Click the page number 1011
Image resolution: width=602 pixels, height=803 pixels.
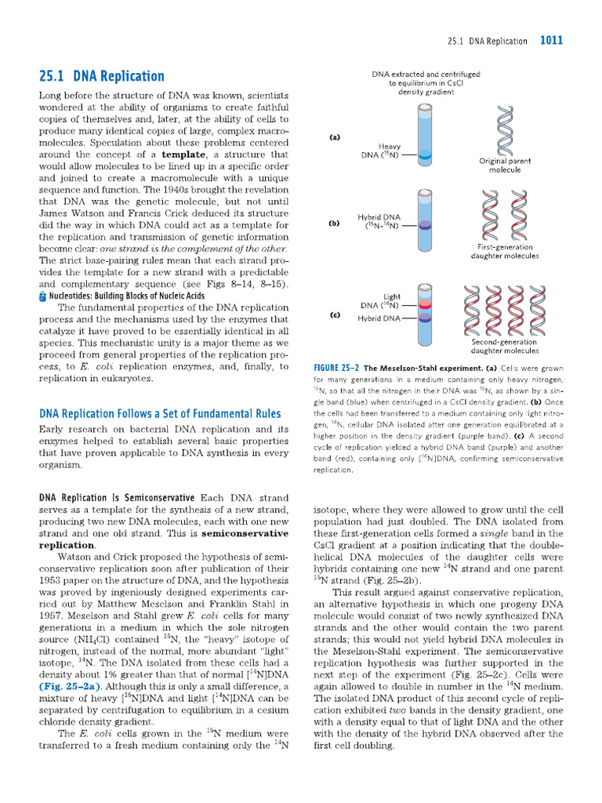coord(551,41)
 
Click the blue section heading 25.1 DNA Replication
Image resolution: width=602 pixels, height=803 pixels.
coord(102,76)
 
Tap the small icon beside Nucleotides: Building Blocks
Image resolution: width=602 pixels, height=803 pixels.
coord(42,296)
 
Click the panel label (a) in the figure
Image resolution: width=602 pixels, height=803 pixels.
coord(335,137)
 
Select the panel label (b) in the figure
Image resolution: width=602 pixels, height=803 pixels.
coord(335,223)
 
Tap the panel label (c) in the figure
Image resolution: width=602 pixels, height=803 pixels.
coord(335,314)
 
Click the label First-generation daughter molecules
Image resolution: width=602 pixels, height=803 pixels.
coord(505,252)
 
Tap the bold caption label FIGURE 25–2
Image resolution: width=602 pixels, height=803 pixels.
coord(336,368)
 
